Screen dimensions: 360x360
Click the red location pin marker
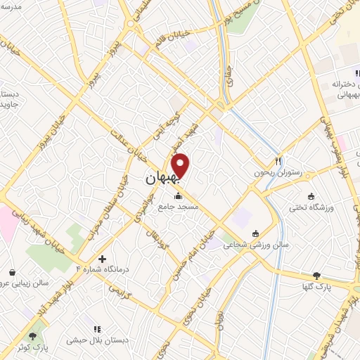pos(181,165)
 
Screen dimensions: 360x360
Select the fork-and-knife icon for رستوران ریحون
pos(278,160)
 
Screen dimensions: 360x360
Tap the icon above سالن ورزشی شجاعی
pos(255,233)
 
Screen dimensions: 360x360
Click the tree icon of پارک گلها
pos(316,275)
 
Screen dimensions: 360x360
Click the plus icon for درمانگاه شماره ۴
pos(103,259)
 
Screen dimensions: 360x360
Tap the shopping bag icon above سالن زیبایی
pos(12,272)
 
